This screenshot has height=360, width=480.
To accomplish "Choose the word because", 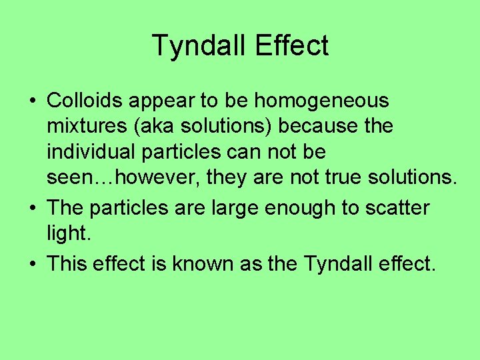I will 317,126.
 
